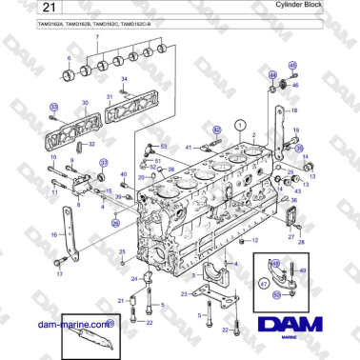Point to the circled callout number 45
click(x=292, y=66)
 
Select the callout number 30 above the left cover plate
click(x=85, y=101)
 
